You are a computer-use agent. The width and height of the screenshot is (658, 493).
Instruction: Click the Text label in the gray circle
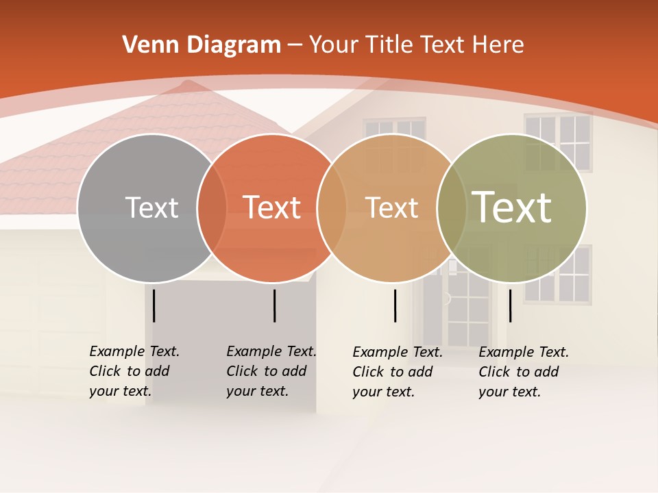coord(151,207)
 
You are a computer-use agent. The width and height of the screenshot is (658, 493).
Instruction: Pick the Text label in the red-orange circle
coord(272,207)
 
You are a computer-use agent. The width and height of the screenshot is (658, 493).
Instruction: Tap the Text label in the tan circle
coord(392,207)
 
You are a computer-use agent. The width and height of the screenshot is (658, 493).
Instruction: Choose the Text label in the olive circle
coord(512,207)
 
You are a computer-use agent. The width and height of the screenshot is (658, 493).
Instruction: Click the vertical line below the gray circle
coord(154,305)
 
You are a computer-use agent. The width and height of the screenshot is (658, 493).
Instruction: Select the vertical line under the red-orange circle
coord(274,305)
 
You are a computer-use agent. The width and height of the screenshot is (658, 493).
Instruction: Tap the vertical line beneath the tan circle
coord(395,305)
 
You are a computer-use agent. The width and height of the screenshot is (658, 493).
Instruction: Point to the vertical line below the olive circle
coord(510,305)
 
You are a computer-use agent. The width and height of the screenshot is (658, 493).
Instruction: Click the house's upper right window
coord(558,142)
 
